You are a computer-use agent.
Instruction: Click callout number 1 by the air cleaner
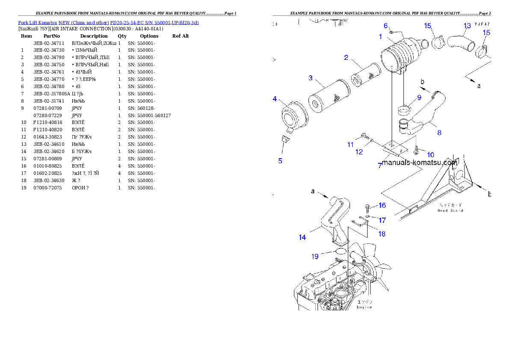point(380,37)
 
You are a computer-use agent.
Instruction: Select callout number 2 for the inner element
point(346,57)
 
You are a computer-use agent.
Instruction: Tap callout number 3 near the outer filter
point(311,78)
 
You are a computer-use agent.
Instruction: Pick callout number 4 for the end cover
point(275,99)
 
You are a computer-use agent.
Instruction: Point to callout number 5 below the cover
point(280,161)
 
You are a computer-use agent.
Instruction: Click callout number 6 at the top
point(385,26)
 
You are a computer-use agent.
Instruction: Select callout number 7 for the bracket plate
point(379,165)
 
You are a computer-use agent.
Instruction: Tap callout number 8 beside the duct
point(439,133)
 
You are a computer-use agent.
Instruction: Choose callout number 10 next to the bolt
point(430,155)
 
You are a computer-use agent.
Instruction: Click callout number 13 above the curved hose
point(468,26)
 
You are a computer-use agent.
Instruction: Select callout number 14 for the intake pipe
point(302,237)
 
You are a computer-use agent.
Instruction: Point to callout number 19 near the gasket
point(315,257)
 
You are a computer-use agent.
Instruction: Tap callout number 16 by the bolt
point(382,206)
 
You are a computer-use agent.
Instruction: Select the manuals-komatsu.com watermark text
point(420,162)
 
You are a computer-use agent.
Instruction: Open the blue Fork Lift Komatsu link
point(108,22)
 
